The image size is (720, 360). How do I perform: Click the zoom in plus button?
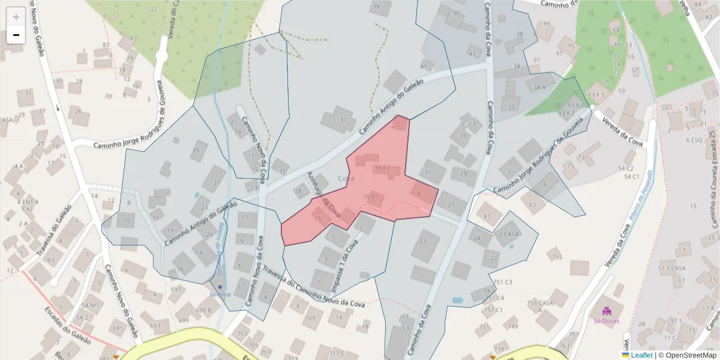tap(16, 16)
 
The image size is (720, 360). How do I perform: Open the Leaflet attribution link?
tap(641, 355)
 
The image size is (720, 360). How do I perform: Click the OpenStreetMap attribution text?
tap(691, 355)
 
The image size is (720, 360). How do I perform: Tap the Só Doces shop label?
tap(606, 320)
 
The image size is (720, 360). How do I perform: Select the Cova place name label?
tap(346, 178)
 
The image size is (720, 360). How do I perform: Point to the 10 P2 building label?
tap(382, 169)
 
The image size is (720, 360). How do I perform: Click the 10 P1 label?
tap(371, 197)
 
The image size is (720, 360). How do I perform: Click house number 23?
tap(423, 241)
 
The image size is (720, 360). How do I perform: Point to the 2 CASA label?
tap(509, 234)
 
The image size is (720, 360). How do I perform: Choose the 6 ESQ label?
tap(694, 140)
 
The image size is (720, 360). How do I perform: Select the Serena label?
tap(220, 294)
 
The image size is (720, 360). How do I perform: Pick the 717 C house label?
tap(336, 353)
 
